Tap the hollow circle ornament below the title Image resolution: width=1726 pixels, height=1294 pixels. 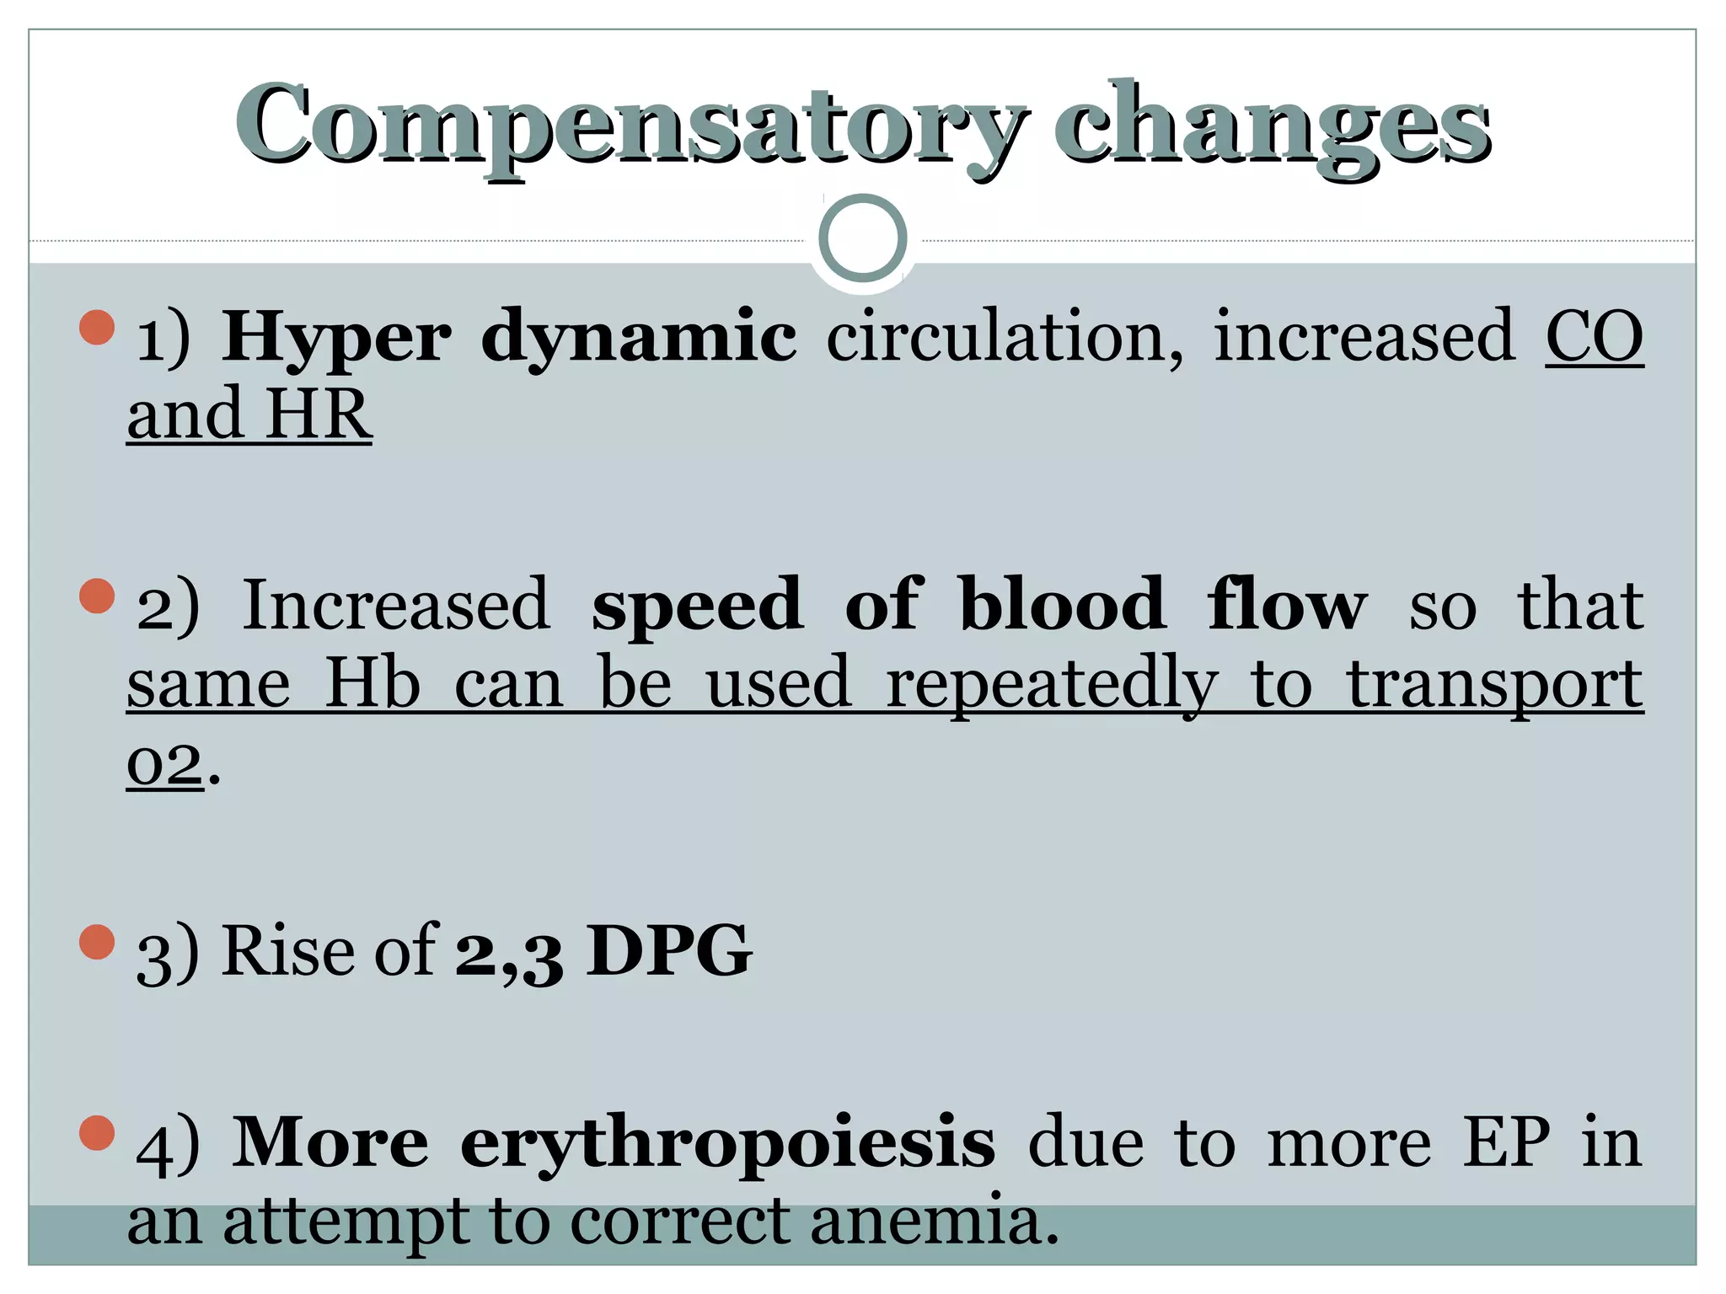pos(863,238)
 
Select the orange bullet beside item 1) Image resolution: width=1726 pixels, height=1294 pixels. pos(97,328)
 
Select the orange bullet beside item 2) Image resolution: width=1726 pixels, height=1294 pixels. pos(97,596)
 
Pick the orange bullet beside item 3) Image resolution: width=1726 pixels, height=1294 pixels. pos(97,942)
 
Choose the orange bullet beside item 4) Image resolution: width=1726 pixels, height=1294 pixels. pos(97,1133)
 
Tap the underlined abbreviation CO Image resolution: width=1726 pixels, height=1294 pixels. pos(1594,337)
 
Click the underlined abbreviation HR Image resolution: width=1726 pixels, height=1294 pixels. pos(318,414)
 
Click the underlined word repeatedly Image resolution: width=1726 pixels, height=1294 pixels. pos(1052,684)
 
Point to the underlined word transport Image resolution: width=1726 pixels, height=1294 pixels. pos(1495,684)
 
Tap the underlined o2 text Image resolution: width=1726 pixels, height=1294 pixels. pos(165,765)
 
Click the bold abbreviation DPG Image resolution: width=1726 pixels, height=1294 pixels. pos(669,950)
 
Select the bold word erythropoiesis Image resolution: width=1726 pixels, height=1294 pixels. pos(728,1144)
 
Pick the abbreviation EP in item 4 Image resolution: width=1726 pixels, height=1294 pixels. pos(1506,1142)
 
